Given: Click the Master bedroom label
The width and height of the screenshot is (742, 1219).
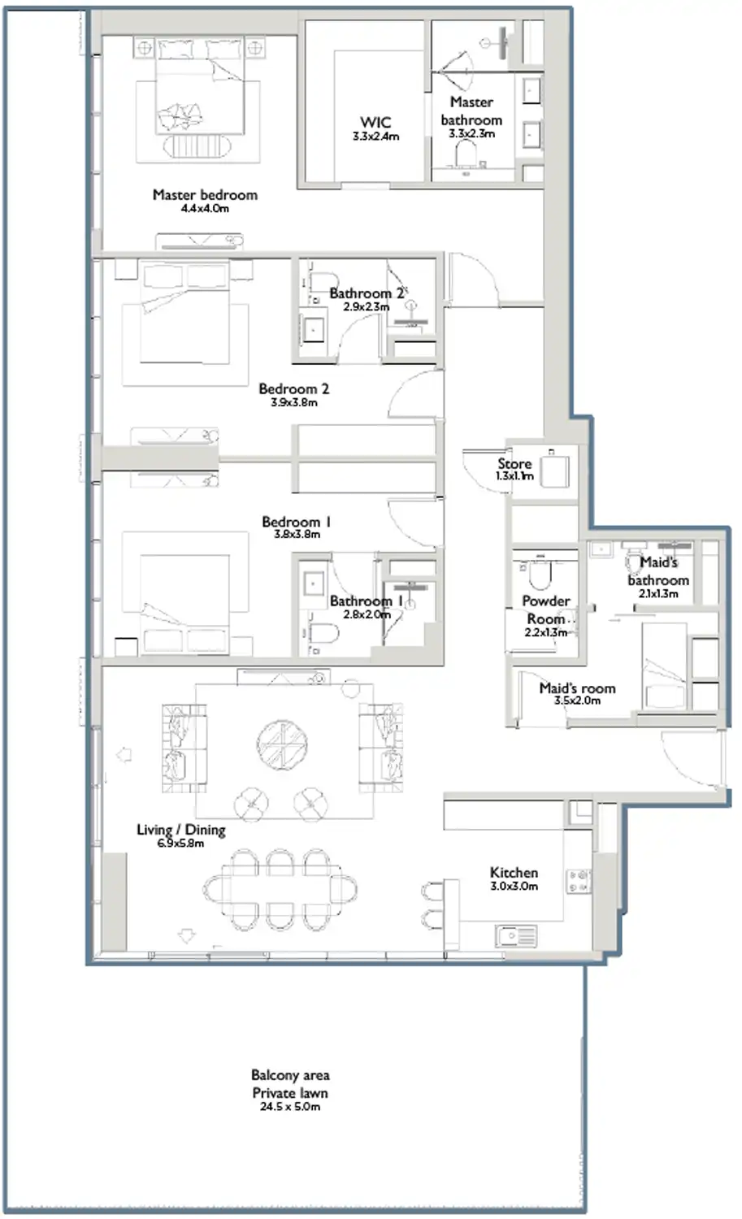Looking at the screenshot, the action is coord(205,195).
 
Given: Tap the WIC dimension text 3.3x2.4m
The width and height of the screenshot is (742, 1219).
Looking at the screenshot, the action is coord(375,137).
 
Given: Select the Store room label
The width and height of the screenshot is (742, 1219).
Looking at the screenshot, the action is coord(514,464).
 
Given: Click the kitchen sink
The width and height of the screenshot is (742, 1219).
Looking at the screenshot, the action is coord(515,936).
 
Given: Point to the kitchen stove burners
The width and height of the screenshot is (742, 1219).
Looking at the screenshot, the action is coord(579,881).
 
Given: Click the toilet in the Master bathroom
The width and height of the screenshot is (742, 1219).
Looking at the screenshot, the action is coord(466,154).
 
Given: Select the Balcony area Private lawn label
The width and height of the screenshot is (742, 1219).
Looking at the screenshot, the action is coord(290,1084).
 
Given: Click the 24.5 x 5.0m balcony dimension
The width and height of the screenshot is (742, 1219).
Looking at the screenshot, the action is coord(290,1106).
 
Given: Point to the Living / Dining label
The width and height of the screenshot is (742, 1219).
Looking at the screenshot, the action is coord(180,830).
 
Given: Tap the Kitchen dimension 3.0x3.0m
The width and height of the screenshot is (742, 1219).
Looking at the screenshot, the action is coord(514,887).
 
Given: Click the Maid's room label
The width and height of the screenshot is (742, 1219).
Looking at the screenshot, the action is coord(577,688).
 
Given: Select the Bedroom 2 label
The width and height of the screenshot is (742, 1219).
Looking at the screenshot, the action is coord(293,389).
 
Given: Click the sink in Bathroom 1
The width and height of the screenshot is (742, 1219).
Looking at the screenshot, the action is coord(312,584).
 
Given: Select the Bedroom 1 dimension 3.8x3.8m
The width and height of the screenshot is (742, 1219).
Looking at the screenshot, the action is coord(297,534).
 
